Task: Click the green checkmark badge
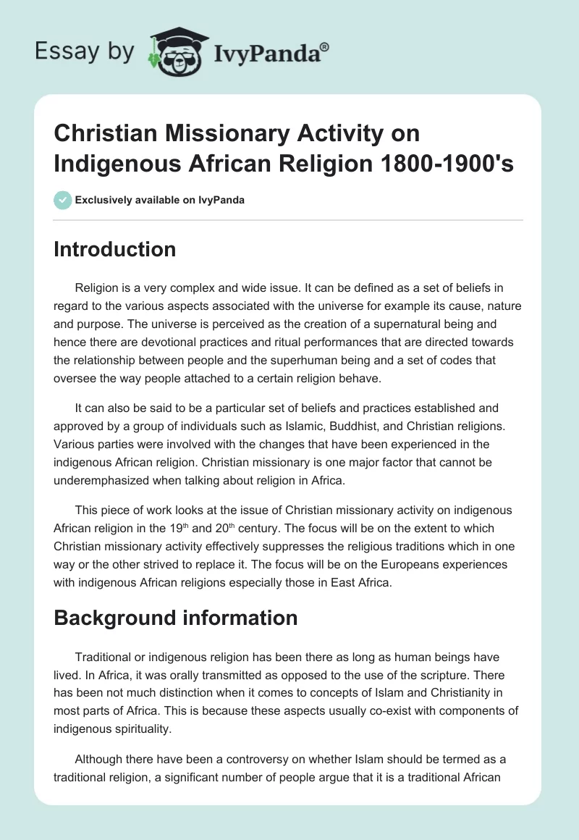coord(62,200)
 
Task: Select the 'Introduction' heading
coord(114,249)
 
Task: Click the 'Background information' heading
coord(175,617)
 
